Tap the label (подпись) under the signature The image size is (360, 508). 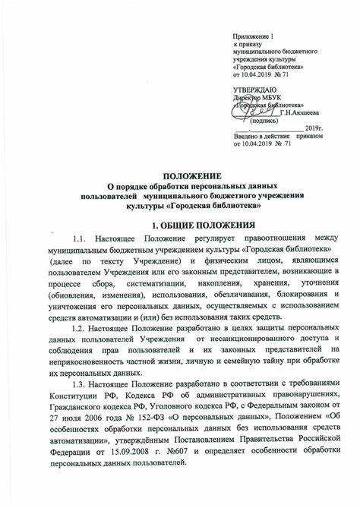[x=263, y=120]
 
